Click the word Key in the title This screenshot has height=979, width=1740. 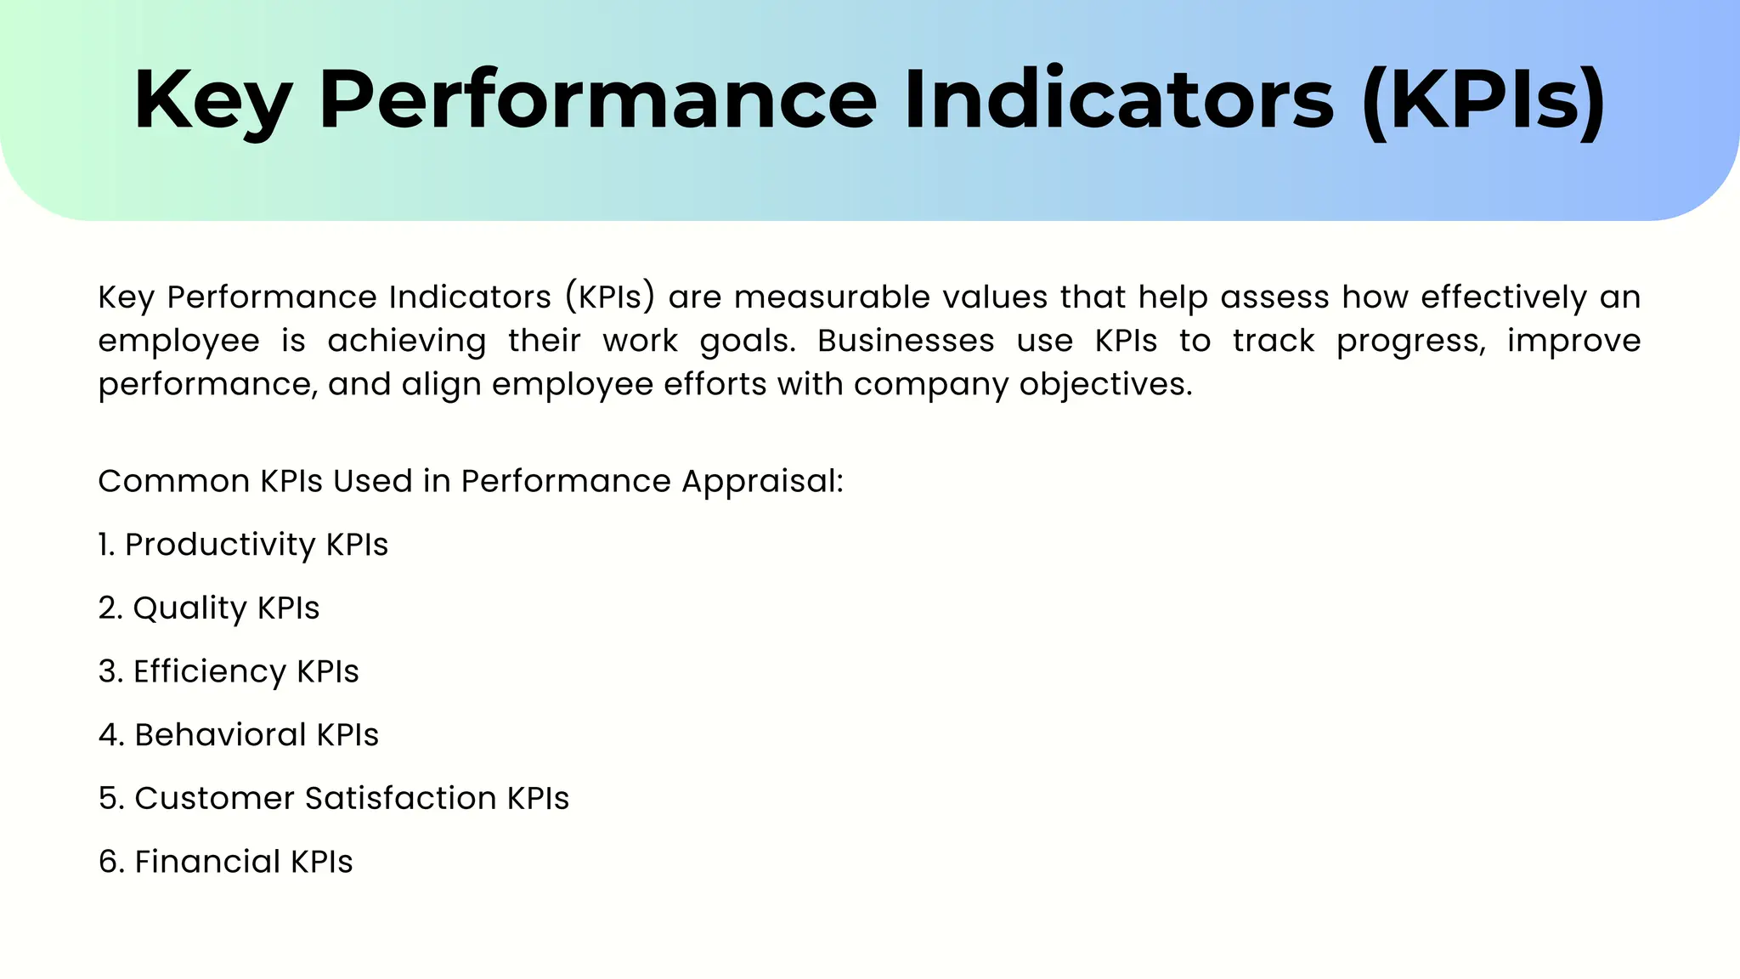pyautogui.click(x=212, y=100)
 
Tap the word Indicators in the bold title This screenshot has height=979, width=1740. pyautogui.click(x=1118, y=100)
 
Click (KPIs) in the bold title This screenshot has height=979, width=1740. pyautogui.click(x=1483, y=100)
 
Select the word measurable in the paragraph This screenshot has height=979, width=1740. pyautogui.click(x=832, y=297)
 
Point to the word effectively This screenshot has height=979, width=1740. pyautogui.click(x=1503, y=297)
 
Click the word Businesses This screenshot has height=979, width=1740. pyautogui.click(x=906, y=341)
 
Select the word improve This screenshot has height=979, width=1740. pyautogui.click(x=1573, y=341)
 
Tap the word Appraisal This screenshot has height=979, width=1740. pyautogui.click(x=761, y=482)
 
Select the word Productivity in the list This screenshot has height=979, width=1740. pyautogui.click(x=220, y=545)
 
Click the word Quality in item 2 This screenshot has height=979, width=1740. pyautogui.click(x=189, y=608)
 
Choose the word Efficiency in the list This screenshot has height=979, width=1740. pyautogui.click(x=210, y=671)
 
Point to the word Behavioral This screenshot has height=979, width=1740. pyautogui.click(x=220, y=735)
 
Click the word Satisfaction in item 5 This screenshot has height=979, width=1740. pyautogui.click(x=400, y=799)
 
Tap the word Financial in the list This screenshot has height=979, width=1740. pyautogui.click(x=207, y=862)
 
